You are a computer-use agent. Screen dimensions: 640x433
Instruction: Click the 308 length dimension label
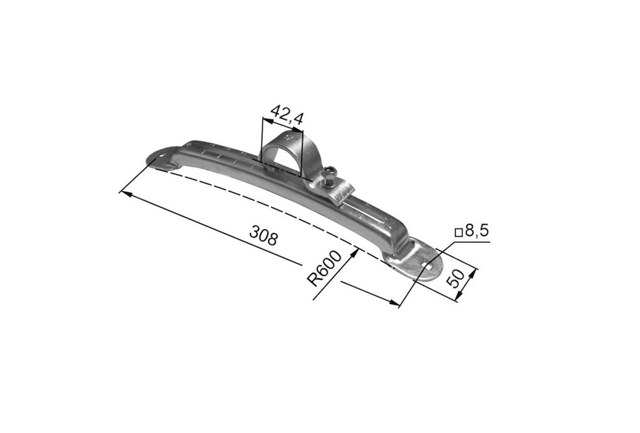[x=263, y=237]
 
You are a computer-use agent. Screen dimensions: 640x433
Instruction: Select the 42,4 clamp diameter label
[x=288, y=114]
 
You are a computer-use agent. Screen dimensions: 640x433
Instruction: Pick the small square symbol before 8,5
[x=459, y=233]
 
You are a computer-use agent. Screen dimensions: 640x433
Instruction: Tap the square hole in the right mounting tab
[x=429, y=266]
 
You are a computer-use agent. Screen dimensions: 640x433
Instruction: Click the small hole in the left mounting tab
[x=162, y=156]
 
